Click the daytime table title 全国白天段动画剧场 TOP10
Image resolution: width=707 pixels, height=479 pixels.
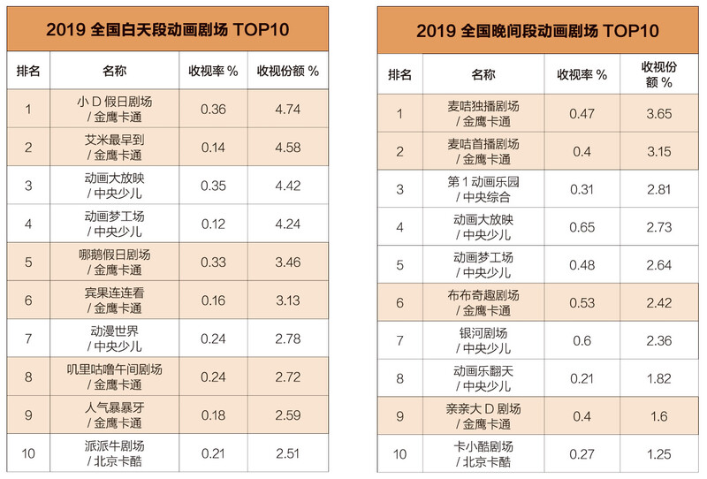click(167, 31)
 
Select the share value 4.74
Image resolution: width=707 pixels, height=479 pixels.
click(287, 110)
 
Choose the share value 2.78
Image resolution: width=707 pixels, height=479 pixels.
click(287, 339)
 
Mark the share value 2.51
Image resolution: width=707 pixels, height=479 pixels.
click(287, 454)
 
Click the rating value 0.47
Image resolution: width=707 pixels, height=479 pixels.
click(582, 114)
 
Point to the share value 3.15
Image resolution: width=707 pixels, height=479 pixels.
click(657, 152)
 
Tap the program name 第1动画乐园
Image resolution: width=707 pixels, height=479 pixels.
click(483, 181)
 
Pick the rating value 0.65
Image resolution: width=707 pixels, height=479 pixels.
click(582, 227)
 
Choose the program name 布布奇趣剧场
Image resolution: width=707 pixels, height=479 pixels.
click(483, 295)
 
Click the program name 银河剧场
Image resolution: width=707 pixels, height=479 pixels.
click(483, 333)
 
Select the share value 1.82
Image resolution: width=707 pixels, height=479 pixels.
click(657, 379)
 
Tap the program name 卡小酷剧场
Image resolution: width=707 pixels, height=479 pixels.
click(483, 447)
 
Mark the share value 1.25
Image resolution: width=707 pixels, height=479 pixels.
click(657, 454)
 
